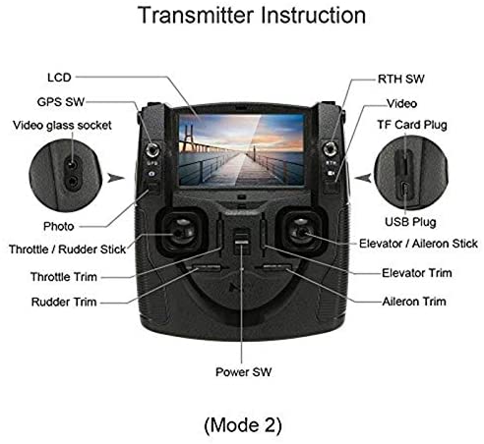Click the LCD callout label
point(59,78)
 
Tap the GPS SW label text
point(61,102)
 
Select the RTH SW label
point(400,79)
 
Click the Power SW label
point(243,372)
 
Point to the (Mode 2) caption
point(243,425)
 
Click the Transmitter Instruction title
point(252,15)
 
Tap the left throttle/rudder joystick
point(180,232)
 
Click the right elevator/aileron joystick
point(302,233)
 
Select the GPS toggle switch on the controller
point(152,150)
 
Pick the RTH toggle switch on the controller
point(330,149)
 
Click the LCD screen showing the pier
point(241,150)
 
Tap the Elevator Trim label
point(417,273)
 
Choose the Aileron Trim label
point(414,302)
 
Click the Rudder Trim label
point(64,302)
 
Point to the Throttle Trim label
point(64,277)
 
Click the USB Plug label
point(410,222)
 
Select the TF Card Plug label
point(412,125)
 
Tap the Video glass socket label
point(62,125)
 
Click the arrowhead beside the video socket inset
point(115,178)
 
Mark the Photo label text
point(59,226)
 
